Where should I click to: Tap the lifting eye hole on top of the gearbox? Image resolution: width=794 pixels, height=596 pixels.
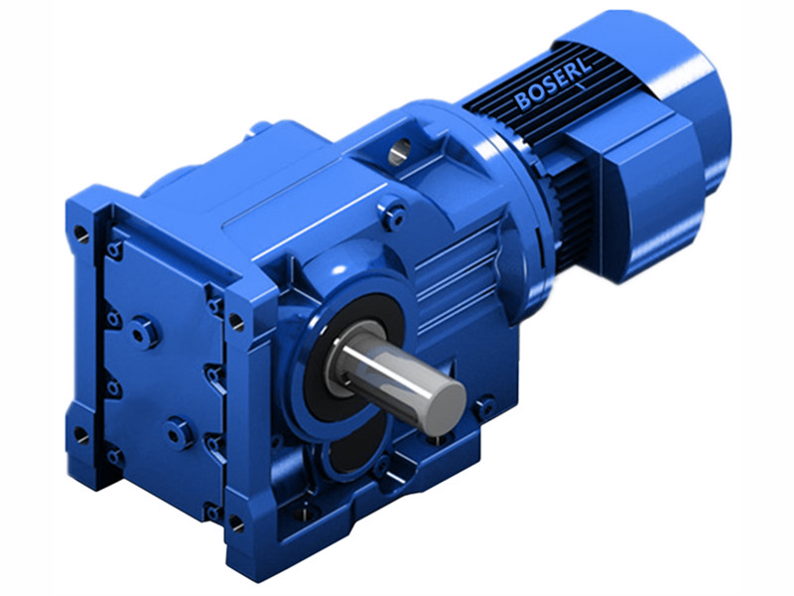(x=400, y=152)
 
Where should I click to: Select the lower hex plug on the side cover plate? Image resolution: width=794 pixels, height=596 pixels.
(x=179, y=433)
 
